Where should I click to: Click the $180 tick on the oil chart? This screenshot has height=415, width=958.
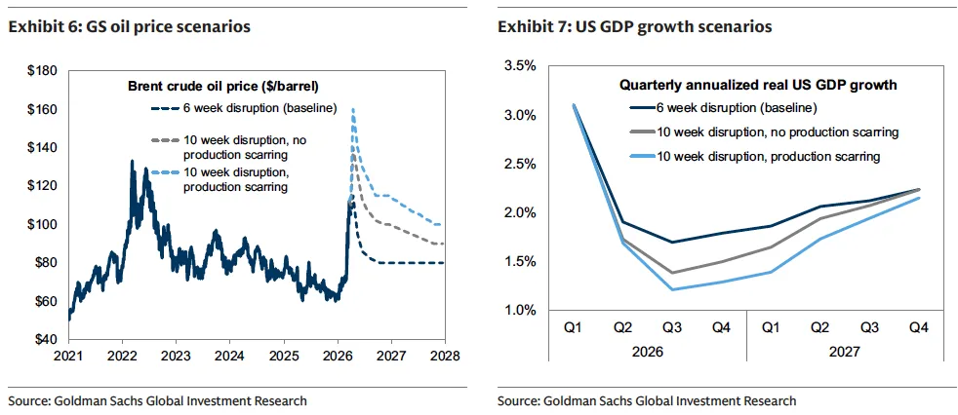coord(45,71)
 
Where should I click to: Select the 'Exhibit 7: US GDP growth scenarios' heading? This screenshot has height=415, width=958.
coord(634,26)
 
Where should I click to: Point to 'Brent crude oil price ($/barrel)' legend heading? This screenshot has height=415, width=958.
coord(223,87)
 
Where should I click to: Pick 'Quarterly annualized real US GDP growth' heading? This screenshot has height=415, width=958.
coord(759,86)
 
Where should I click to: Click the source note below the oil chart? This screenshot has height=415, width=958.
coord(157,400)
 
